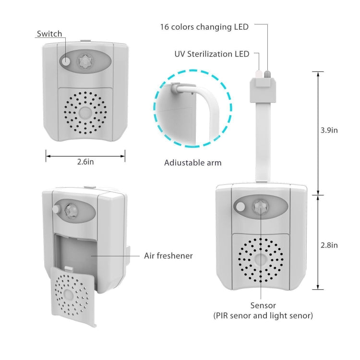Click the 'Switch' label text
(49, 34)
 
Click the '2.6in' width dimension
(85, 162)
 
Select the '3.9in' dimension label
(329, 130)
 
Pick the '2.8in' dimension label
(329, 245)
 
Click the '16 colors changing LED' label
(204, 27)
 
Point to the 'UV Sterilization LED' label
(212, 54)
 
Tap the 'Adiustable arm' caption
(193, 163)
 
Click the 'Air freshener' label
(168, 256)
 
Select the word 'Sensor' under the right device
(263, 305)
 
